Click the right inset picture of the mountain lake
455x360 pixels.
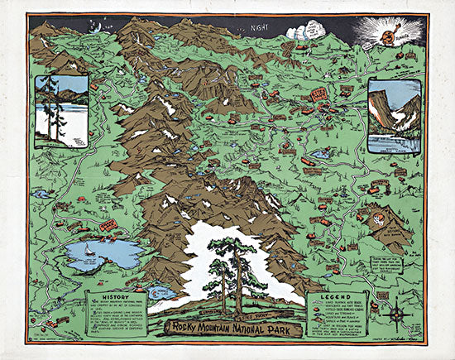point(395,117)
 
